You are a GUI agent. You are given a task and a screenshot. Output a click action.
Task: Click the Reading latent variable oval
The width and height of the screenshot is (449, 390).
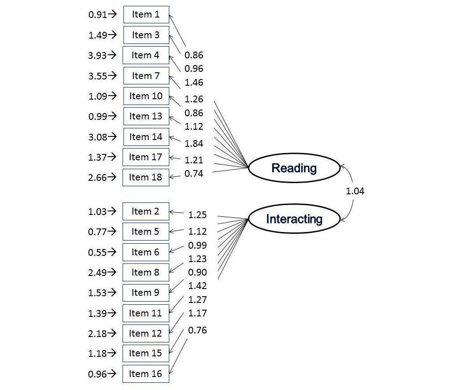click(294, 168)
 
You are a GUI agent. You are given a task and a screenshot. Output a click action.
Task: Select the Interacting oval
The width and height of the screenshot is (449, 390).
click(294, 219)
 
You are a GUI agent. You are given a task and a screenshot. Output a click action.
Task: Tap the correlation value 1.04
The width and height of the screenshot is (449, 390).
click(355, 191)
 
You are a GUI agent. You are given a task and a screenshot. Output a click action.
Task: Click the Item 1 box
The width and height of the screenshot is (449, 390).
click(146, 14)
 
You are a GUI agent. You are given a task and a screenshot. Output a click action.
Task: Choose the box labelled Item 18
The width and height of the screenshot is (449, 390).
click(146, 177)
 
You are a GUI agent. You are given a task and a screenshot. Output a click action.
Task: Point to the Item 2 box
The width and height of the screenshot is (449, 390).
click(146, 211)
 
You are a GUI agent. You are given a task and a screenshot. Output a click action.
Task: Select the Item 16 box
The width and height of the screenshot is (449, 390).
click(146, 374)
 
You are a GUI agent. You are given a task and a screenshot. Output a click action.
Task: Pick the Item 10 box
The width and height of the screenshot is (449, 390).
click(146, 96)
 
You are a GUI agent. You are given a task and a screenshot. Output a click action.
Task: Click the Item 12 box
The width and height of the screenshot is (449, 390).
click(146, 333)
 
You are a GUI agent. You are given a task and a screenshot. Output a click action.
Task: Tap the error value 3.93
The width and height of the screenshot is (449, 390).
click(97, 55)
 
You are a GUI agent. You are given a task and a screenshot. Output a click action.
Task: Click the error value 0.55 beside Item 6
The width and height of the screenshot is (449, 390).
click(97, 252)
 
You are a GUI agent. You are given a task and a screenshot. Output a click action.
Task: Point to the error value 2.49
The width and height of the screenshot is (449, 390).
click(97, 272)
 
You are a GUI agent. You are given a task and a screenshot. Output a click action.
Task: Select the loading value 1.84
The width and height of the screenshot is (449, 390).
click(194, 144)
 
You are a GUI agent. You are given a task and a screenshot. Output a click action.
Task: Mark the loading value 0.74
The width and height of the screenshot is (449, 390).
click(194, 174)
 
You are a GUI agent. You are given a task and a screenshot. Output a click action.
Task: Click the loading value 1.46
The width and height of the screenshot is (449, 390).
click(194, 83)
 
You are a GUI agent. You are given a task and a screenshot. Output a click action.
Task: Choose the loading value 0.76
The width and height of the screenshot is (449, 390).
click(198, 330)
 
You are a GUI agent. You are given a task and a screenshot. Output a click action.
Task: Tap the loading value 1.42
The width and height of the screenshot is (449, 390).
click(198, 286)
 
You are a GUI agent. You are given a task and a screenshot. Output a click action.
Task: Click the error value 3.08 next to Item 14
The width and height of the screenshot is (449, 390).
click(97, 137)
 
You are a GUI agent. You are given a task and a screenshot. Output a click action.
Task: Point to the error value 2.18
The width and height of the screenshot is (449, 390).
click(97, 333)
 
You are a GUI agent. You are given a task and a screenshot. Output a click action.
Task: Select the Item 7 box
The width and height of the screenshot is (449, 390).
click(146, 76)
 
